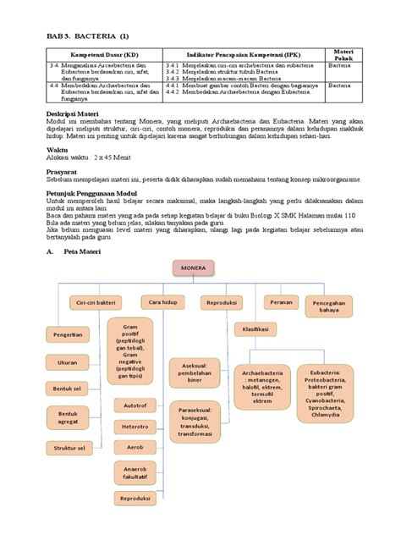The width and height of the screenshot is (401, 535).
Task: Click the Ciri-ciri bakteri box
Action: (96, 301)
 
